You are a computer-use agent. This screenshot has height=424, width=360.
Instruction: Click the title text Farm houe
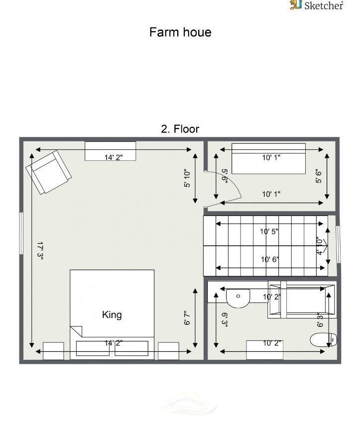[x=180, y=32]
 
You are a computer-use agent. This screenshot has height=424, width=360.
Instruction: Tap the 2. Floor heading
[x=180, y=129]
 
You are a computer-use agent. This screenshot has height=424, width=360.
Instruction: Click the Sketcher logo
[x=317, y=5]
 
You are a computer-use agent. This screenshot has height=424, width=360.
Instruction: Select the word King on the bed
[x=112, y=315]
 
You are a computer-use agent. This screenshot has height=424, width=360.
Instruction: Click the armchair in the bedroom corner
[x=48, y=172]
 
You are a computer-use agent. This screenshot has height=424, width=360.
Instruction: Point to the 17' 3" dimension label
[x=40, y=251]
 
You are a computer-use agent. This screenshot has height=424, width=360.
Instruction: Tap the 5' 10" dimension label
[x=187, y=179]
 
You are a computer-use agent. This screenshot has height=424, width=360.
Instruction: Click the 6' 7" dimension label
[x=187, y=318]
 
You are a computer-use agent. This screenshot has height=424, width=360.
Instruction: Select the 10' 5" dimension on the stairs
[x=269, y=231]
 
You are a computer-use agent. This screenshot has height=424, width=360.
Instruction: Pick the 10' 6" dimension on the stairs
[x=270, y=259]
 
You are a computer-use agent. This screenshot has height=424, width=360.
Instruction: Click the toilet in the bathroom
[x=324, y=339]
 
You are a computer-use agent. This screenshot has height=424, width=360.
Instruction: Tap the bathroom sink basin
[x=238, y=298]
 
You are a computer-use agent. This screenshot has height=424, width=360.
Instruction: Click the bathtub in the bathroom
[x=302, y=300]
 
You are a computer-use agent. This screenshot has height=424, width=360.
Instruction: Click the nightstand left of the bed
[x=54, y=351]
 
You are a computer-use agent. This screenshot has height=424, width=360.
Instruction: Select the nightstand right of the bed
[x=168, y=351]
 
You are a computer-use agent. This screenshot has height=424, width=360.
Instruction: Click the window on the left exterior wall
[x=21, y=233]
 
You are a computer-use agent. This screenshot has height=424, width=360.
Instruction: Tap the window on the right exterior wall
[x=338, y=244]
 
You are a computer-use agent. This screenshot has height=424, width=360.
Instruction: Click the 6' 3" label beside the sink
[x=225, y=320]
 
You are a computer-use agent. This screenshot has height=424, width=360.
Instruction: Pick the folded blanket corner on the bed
[x=76, y=331]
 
